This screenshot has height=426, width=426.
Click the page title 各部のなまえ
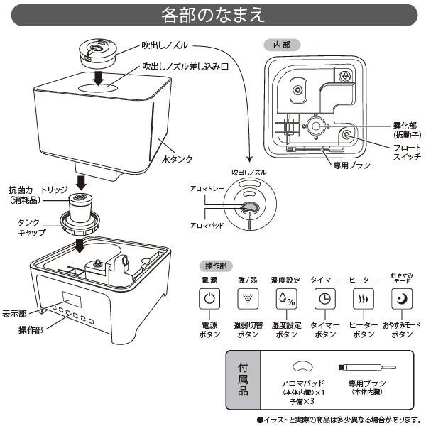tap(212, 13)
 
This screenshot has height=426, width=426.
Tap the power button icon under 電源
tap(208, 299)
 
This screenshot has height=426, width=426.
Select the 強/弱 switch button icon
tap(246, 299)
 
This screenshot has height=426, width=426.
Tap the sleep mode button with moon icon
tap(401, 299)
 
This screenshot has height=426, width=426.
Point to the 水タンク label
tap(177, 160)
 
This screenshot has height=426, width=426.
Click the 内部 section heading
tap(282, 44)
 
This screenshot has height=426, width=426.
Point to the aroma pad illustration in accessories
tap(303, 366)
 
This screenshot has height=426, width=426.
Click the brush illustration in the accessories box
tap(366, 367)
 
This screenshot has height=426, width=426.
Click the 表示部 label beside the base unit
tap(14, 312)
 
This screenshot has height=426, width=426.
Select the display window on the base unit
tap(72, 299)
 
